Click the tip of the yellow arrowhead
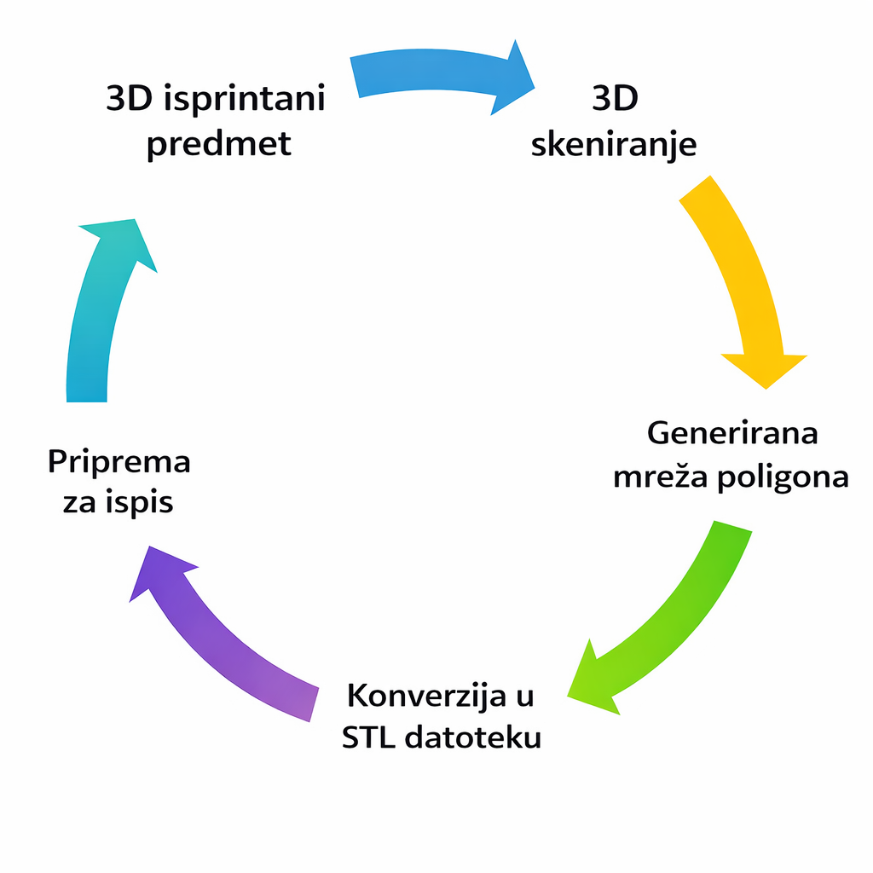tap(766, 389)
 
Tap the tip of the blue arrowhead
tap(535, 88)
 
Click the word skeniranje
tap(614, 144)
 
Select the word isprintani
tap(245, 99)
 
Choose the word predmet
tap(219, 143)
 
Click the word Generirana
tap(732, 433)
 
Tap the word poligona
tap(783, 477)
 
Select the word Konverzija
tap(426, 696)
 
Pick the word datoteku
tap(472, 737)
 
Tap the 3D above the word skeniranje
tap(615, 98)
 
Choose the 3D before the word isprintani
tap(130, 98)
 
